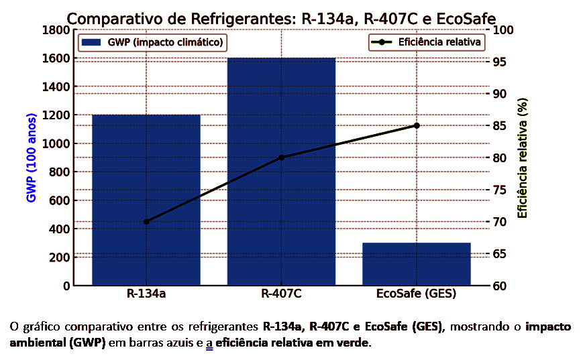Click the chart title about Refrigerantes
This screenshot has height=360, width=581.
pos(281,19)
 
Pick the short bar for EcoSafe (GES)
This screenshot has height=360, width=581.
pos(416,264)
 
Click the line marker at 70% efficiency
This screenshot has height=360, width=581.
pos(146,221)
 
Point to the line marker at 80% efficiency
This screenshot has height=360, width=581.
pos(281,158)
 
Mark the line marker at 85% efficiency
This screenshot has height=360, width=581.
pos(416,125)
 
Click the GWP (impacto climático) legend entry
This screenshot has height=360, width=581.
pos(153,42)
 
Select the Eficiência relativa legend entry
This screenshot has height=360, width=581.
pos(427,42)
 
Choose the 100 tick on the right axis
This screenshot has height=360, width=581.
pos(503,30)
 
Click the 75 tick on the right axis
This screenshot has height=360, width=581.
pos(500,190)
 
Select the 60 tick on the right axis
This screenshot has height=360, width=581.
pos(500,286)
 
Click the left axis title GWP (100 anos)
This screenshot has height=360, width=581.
pos(32,158)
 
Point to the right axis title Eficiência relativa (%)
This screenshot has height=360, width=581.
pos(523,158)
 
